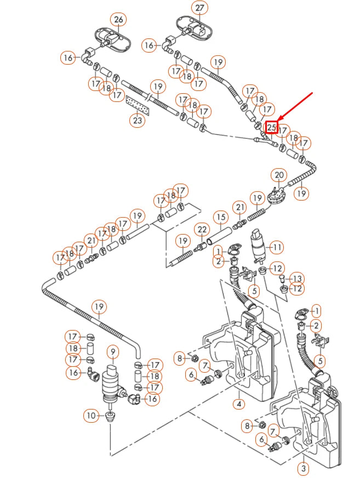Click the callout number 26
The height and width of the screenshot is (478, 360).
pyautogui.click(x=119, y=20)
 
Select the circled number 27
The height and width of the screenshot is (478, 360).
pyautogui.click(x=199, y=8)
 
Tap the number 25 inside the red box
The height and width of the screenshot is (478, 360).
pyautogui.click(x=272, y=127)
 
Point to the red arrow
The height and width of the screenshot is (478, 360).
pyautogui.click(x=296, y=107)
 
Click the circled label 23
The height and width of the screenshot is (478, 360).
pyautogui.click(x=137, y=119)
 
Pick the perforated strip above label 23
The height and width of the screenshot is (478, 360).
pyautogui.click(x=137, y=103)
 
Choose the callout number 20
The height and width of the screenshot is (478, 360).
pyautogui.click(x=279, y=175)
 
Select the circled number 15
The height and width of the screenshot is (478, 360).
pyautogui.click(x=220, y=217)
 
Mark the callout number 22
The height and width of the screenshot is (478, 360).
pyautogui.click(x=202, y=229)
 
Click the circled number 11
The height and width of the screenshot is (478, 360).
pyautogui.click(x=277, y=247)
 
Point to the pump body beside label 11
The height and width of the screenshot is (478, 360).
pyautogui.click(x=256, y=244)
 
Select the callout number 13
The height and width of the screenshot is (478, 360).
pyautogui.click(x=296, y=278)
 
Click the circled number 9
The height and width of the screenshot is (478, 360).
pyautogui.click(x=113, y=351)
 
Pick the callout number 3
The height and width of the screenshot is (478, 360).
pyautogui.click(x=302, y=469)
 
